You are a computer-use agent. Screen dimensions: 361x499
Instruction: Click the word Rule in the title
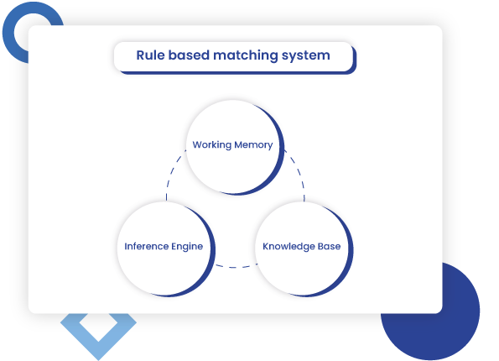click(150, 56)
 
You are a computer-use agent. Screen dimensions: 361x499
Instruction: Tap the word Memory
click(253, 144)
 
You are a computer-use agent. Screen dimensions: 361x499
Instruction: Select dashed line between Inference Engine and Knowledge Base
click(232, 268)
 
